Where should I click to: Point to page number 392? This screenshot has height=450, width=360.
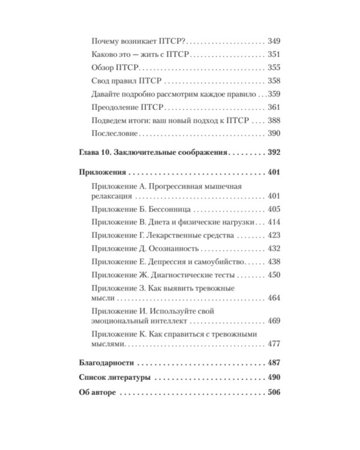(273, 153)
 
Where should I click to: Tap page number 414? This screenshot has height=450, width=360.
(273, 223)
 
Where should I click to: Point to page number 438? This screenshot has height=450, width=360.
(273, 262)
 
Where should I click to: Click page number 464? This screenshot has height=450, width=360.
(273, 298)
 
